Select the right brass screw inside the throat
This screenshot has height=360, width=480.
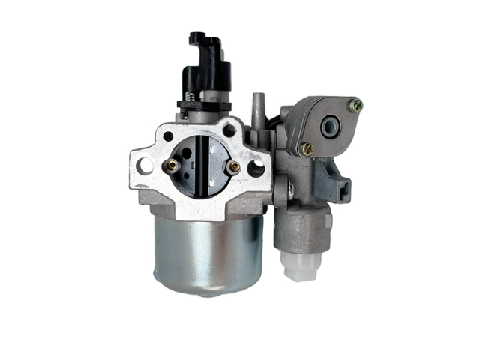[234, 167]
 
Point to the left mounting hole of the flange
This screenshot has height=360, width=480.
[147, 163]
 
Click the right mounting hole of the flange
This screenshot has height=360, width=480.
[256, 168]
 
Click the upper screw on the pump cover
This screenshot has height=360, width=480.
[357, 106]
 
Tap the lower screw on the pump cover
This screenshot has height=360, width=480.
[306, 149]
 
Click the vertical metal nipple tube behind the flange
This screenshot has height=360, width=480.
[258, 104]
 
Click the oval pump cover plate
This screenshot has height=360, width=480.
[330, 127]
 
